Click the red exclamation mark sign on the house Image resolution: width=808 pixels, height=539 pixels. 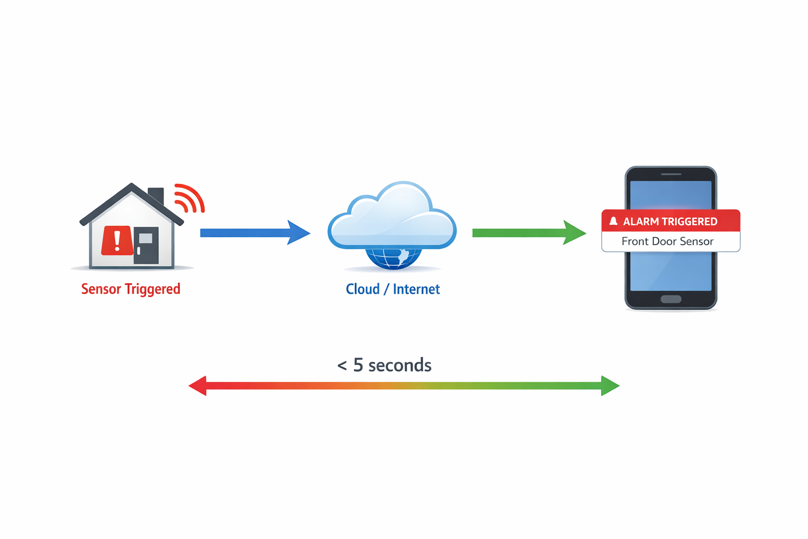(117, 241)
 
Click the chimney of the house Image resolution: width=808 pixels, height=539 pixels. (156, 196)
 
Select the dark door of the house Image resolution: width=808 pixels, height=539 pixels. (146, 245)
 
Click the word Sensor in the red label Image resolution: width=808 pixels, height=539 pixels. (101, 289)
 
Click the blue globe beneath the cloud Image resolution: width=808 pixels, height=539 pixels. (393, 258)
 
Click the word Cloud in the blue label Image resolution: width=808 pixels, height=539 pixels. (362, 289)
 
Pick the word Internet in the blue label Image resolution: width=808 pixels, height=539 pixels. (416, 289)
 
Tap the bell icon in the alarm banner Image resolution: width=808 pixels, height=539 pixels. (613, 221)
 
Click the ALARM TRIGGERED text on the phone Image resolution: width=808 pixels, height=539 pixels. (670, 222)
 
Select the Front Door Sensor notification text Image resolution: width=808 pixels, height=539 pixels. (668, 242)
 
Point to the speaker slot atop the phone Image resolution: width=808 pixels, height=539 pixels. (671, 174)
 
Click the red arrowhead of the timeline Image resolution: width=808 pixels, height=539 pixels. (198, 386)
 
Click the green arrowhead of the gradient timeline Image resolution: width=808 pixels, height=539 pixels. (610, 386)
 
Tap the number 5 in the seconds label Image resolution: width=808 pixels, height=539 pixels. (358, 365)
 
